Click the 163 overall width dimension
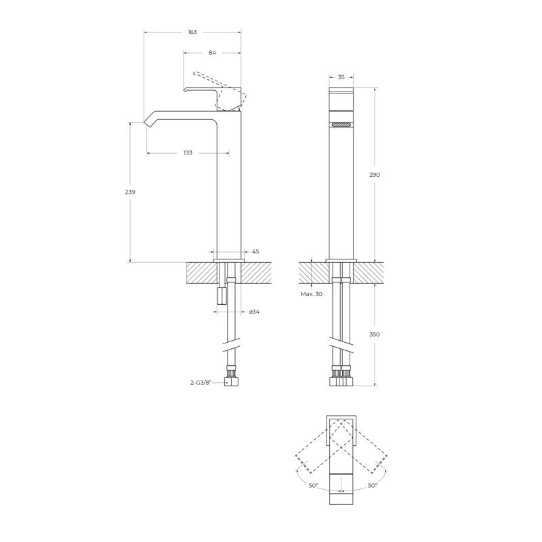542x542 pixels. click(192, 33)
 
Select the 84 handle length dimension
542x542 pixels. click(212, 53)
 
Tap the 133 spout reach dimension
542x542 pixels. click(188, 153)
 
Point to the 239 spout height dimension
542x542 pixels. click(131, 192)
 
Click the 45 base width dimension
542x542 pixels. click(255, 251)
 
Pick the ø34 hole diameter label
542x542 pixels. click(255, 312)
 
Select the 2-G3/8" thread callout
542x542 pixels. click(201, 382)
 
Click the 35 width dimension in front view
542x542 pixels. click(341, 78)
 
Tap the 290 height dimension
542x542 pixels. click(375, 175)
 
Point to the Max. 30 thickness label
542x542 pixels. click(311, 294)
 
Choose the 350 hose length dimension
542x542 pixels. click(375, 334)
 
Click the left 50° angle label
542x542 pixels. click(314, 485)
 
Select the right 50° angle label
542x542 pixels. click(373, 485)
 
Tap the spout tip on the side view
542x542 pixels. click(148, 122)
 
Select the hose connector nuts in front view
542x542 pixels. click(341, 377)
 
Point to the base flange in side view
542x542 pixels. click(228, 260)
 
